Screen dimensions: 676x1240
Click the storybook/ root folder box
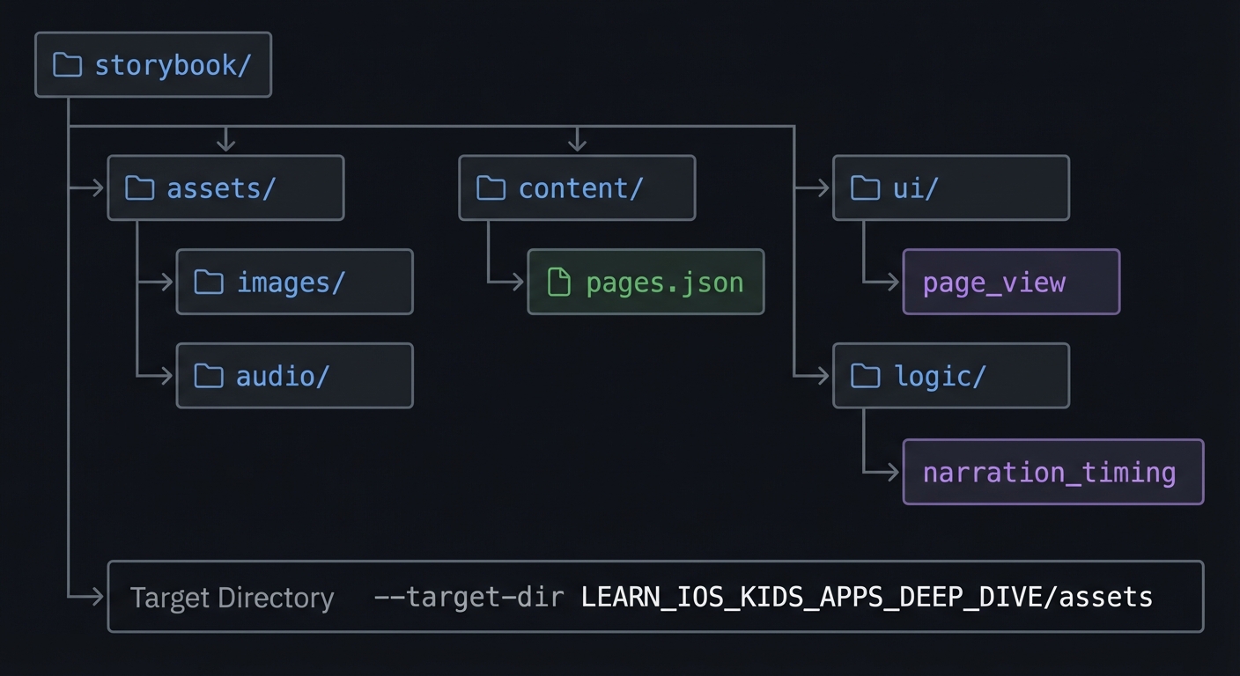pos(153,65)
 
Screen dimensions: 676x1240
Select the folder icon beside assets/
pos(140,188)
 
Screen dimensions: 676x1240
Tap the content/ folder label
pos(580,188)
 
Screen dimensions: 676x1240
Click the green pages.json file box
pos(646,283)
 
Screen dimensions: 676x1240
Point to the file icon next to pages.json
pos(558,283)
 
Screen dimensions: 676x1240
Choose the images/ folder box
pos(294,283)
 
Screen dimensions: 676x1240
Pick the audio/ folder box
pos(294,377)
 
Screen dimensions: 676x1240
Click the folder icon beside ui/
pos(866,188)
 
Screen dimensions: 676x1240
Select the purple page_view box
pos(1011,283)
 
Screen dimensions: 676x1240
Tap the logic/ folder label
pos(940,377)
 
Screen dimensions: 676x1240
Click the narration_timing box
pos(1052,473)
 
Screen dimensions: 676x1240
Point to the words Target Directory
pos(232,598)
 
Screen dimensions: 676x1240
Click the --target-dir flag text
pos(469,598)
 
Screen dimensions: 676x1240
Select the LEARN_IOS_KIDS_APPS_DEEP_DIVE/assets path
pos(867,598)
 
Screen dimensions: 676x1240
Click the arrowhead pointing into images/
pos(166,283)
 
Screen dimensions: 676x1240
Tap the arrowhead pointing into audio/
pos(166,377)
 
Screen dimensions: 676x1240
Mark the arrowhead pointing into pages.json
pos(518,283)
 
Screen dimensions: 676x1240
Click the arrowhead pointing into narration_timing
pos(893,473)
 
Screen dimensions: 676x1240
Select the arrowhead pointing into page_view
pos(893,283)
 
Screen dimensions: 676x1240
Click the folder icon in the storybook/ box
pos(68,65)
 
